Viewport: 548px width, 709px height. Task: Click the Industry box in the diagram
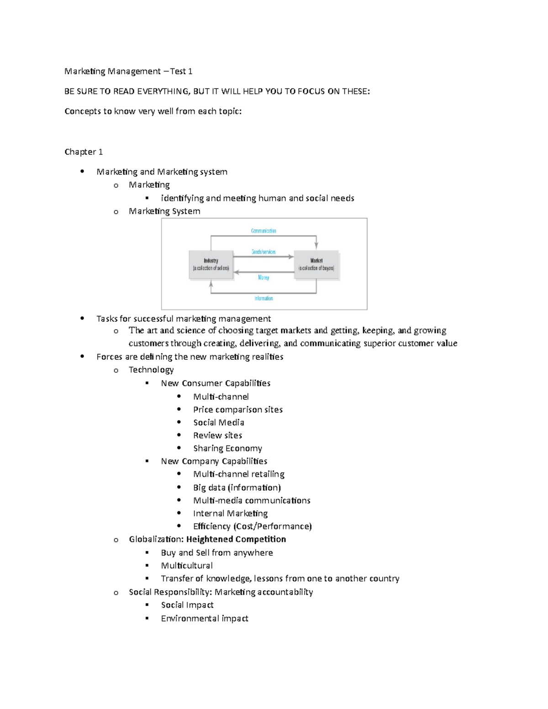[x=211, y=264]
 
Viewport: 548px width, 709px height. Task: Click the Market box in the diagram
[x=316, y=264]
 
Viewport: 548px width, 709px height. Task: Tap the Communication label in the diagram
[x=263, y=231]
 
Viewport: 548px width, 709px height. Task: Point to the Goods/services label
[x=263, y=252]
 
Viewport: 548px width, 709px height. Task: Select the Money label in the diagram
[x=263, y=278]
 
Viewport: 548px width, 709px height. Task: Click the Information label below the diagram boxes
[x=263, y=299]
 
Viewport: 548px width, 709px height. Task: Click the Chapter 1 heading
[x=84, y=152]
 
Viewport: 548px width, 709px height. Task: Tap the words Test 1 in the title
[x=181, y=71]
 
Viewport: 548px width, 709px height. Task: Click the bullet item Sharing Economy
[x=227, y=448]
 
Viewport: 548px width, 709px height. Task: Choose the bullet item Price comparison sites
[x=237, y=410]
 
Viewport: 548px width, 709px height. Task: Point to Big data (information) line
[x=237, y=488]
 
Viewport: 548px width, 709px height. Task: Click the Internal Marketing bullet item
[x=230, y=514]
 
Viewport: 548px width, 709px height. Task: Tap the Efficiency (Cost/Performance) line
[x=252, y=526]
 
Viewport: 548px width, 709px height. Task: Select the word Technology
[x=151, y=370]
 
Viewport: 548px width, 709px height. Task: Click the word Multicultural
[x=187, y=566]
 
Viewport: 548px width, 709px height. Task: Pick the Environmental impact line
[x=205, y=619]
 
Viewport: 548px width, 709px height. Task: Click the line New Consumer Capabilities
[x=216, y=383]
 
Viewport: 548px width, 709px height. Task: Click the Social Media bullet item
[x=218, y=423]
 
